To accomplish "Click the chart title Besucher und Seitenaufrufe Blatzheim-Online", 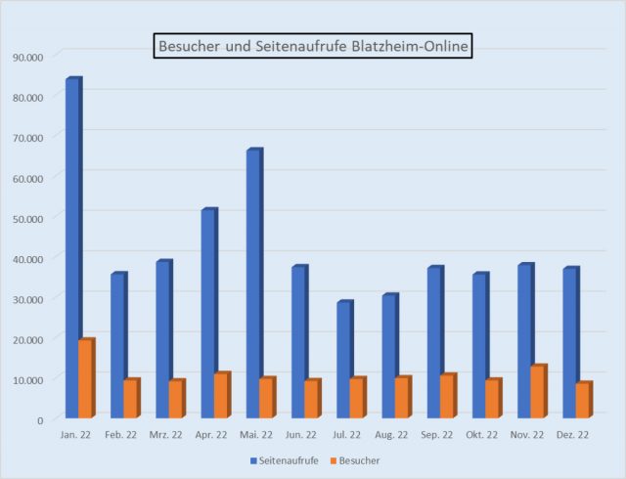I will tap(313, 45).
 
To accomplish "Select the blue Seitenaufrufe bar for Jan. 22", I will tap(72, 244).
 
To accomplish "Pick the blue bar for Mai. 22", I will tap(253, 283).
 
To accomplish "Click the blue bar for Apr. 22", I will tap(208, 313).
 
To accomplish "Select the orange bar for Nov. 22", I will tap(538, 392).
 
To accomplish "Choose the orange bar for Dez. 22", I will tap(583, 400).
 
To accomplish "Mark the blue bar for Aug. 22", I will tap(389, 356).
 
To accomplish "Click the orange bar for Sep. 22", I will tap(447, 396).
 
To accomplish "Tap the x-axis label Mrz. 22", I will tap(166, 435).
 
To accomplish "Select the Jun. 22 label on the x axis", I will tap(302, 435).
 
